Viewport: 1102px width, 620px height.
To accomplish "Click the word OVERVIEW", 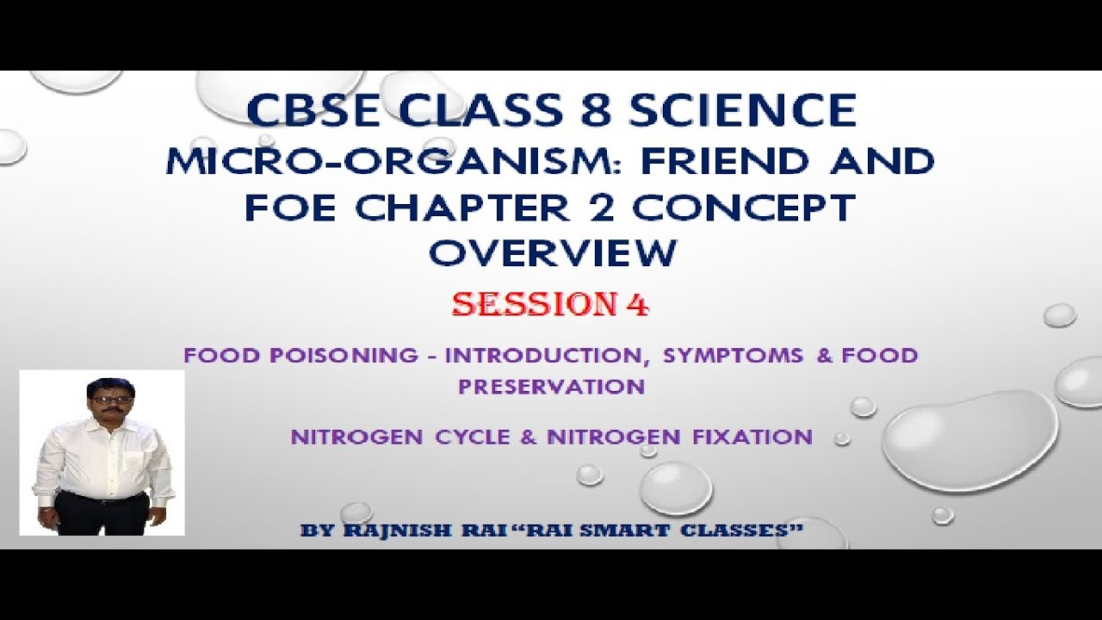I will point(552,253).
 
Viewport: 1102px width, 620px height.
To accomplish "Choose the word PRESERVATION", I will point(551,387).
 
